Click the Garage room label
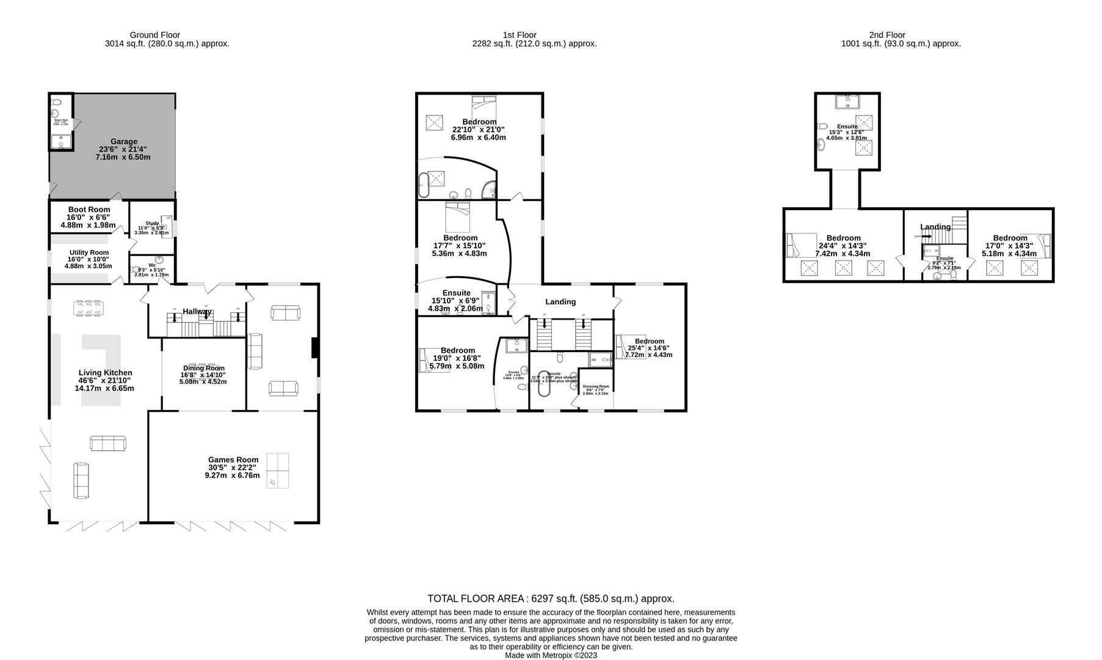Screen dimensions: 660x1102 [x=123, y=141]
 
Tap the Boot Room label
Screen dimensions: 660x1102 [x=89, y=209]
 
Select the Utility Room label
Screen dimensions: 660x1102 [x=89, y=252]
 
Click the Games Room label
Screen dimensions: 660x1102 [x=233, y=460]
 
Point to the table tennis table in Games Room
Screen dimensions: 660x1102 [x=278, y=471]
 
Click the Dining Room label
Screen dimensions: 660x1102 [x=203, y=368]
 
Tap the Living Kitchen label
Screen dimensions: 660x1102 [x=105, y=372]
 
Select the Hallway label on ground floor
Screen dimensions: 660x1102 [x=197, y=312]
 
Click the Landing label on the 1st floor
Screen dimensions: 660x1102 [x=560, y=301]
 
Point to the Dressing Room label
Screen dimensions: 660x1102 [x=596, y=386]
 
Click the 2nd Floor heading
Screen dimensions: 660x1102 [x=887, y=35]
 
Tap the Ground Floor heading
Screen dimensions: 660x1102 [x=155, y=35]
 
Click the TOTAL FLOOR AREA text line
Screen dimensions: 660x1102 [x=551, y=599]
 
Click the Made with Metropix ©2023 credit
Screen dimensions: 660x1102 [x=551, y=655]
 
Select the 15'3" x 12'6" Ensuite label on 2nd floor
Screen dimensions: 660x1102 [x=847, y=127]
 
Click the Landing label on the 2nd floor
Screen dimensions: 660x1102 [x=935, y=227]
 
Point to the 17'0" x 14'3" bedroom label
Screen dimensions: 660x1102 [x=1010, y=238]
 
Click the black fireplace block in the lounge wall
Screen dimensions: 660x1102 [x=315, y=348]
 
